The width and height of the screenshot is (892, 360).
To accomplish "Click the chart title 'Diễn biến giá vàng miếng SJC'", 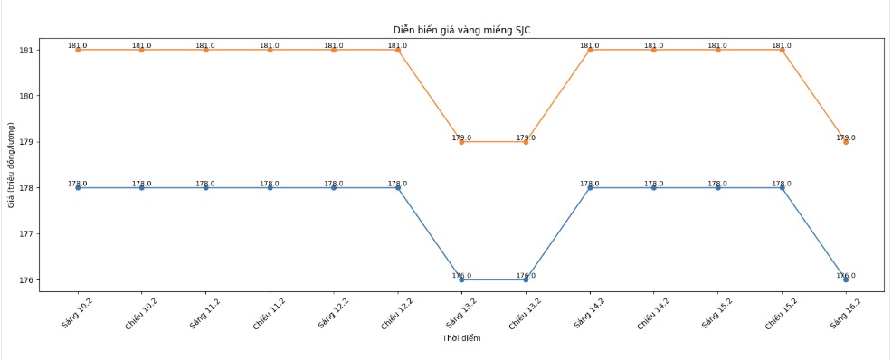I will pyautogui.click(x=462, y=30).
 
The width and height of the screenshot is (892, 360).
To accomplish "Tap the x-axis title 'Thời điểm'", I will pyautogui.click(x=461, y=338).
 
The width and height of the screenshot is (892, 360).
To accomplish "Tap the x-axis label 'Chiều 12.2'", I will pyautogui.click(x=394, y=313).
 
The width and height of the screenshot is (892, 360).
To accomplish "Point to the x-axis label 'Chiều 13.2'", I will pyautogui.click(x=523, y=313).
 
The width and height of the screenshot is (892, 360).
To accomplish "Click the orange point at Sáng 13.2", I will pyautogui.click(x=461, y=142).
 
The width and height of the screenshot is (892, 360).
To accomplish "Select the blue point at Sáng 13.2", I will pyautogui.click(x=461, y=279).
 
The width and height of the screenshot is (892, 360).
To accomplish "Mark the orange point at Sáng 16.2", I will pyautogui.click(x=846, y=142).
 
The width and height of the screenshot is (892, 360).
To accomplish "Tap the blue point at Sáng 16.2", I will pyautogui.click(x=846, y=279).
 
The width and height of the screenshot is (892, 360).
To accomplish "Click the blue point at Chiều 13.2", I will pyautogui.click(x=526, y=279).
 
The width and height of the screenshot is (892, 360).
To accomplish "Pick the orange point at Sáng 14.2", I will pyautogui.click(x=590, y=50).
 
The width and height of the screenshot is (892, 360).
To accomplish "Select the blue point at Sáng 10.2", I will pyautogui.click(x=78, y=188).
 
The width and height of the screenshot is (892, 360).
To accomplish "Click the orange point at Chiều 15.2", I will pyautogui.click(x=782, y=50).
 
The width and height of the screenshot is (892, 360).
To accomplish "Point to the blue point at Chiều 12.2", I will pyautogui.click(x=398, y=188).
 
